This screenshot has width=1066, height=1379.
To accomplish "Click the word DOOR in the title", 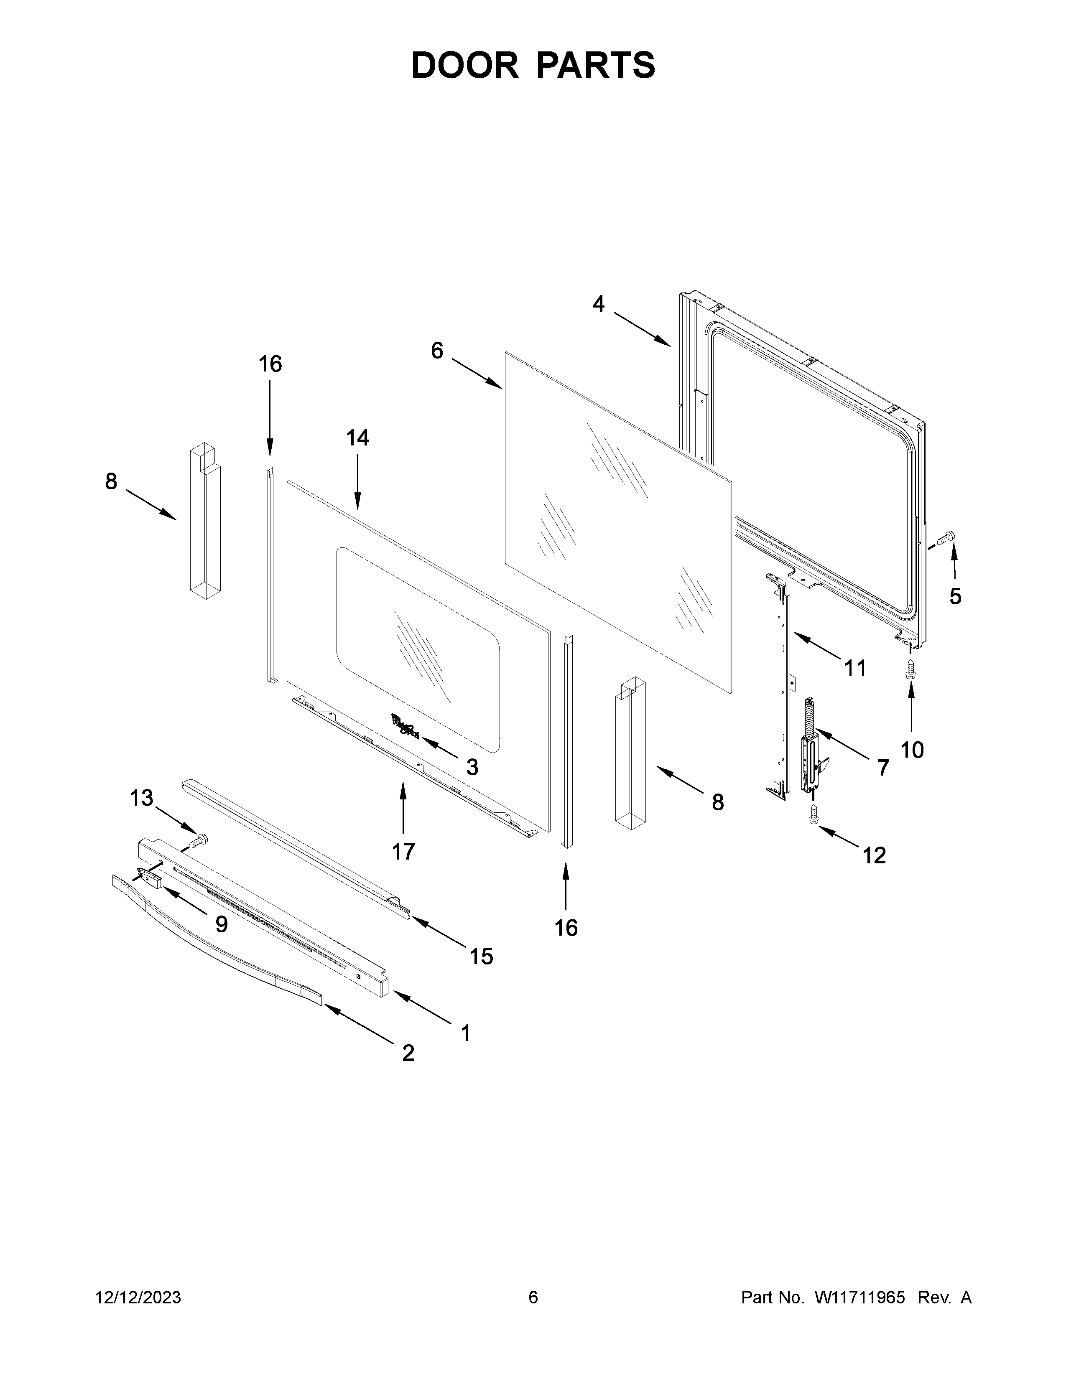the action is (x=464, y=65).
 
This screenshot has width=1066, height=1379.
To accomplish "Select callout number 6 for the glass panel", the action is (x=437, y=351).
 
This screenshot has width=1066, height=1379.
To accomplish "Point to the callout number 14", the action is (x=357, y=438).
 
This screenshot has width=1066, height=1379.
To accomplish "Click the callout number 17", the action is (x=403, y=852).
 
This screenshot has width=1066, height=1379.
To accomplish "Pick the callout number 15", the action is (x=481, y=957).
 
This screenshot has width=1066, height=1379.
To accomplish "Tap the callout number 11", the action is (x=856, y=667).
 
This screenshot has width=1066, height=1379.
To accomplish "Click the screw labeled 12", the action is (x=814, y=815).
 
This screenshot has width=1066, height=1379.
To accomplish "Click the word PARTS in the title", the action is (x=597, y=65).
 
